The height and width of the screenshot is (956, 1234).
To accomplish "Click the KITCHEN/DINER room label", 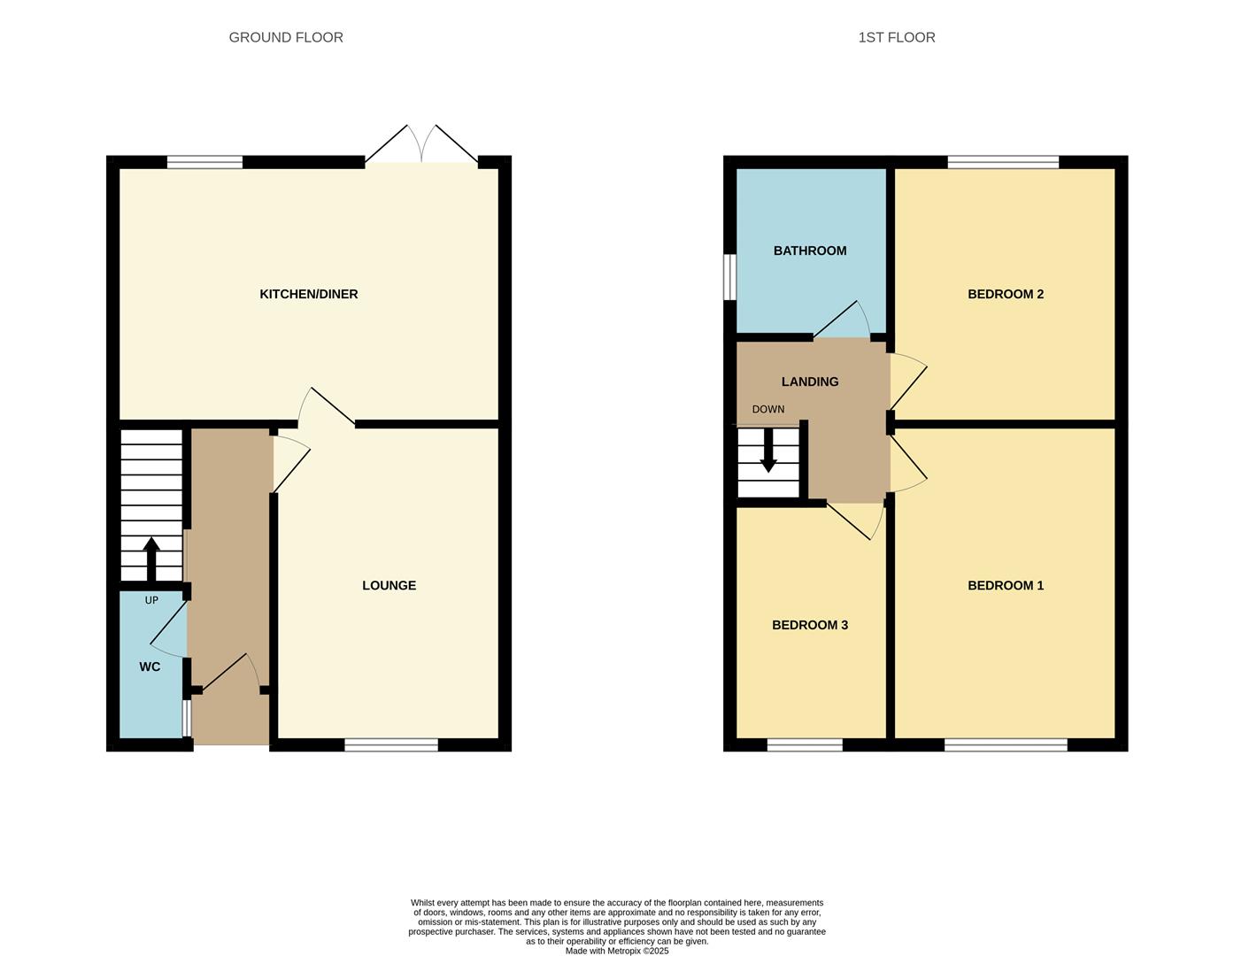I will pos(308,294).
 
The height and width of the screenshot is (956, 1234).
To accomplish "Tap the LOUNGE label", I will pos(389,585).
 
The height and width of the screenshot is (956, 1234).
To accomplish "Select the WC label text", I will pos(150,667).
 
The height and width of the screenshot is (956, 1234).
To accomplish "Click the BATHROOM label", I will pos(809,251).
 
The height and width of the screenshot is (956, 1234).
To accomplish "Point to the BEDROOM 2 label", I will pos(1005,294).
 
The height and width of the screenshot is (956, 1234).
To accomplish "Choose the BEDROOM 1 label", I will pos(1005,585).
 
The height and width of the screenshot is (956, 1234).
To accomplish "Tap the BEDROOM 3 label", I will pos(809,625).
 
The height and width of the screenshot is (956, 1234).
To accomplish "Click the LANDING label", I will pos(809,382).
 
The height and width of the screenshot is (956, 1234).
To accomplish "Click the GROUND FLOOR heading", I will pos(286,37).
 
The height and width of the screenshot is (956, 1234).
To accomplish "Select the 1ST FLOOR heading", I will pos(896,37).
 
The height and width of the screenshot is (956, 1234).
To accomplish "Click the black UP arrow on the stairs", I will pos(150,558).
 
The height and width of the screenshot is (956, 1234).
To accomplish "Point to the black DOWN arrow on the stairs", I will pos(768,451).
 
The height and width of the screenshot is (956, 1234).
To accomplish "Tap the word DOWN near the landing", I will pos(767,409).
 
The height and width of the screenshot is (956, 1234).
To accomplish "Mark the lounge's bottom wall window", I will pos(390,745).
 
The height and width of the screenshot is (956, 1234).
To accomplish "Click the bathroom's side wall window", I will pos(729,277).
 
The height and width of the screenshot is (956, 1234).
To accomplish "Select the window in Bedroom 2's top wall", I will pos(1002,162).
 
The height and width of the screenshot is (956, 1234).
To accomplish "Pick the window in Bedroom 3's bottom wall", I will pos(804,745).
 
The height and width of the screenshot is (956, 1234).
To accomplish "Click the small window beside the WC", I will pos(186,718).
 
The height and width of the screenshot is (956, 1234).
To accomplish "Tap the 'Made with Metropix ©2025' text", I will pos(617,951).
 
